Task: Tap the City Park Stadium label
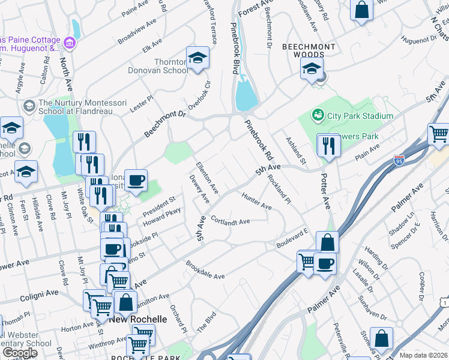[360, 116]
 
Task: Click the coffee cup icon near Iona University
[136, 179]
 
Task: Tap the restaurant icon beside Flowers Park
[328, 146]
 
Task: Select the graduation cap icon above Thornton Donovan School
[197, 59]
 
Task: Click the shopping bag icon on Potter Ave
[327, 243]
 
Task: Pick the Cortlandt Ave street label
[230, 221]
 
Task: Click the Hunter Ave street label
[256, 201]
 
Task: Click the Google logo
[20, 353]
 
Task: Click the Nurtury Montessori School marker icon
[28, 106]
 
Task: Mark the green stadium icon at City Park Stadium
[316, 115]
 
